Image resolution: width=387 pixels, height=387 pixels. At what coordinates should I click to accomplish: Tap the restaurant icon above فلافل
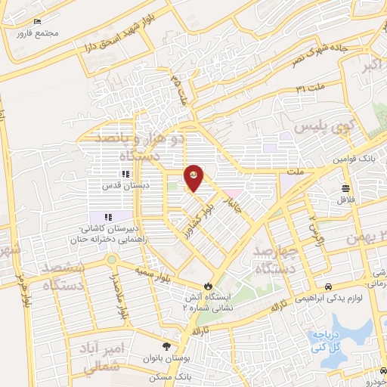[x=346, y=188]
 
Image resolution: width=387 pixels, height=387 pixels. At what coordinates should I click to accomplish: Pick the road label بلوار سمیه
[x=156, y=271]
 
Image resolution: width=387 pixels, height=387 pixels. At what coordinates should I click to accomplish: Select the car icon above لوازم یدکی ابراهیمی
[x=329, y=286]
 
